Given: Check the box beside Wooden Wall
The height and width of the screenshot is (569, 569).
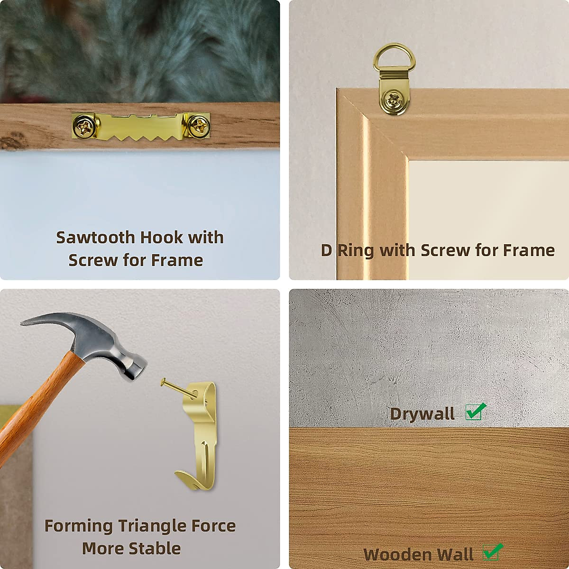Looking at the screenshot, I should pyautogui.click(x=492, y=552).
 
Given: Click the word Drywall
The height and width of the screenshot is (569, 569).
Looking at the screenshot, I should pyautogui.click(x=422, y=414).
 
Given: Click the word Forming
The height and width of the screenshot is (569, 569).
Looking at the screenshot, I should pyautogui.click(x=78, y=526).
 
